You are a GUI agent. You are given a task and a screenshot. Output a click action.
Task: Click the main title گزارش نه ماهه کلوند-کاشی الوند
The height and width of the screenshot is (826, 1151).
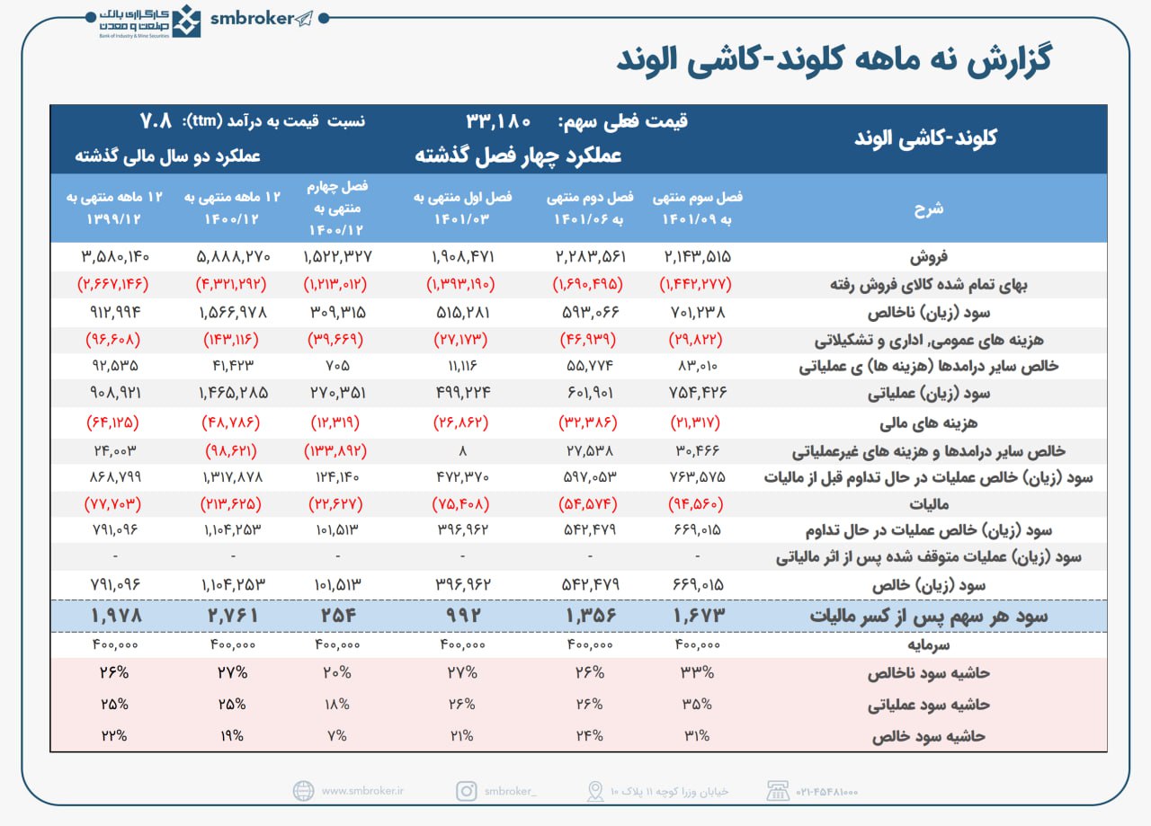click(834, 61)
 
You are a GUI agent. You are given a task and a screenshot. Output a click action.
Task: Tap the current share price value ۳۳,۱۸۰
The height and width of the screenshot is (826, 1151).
click(499, 121)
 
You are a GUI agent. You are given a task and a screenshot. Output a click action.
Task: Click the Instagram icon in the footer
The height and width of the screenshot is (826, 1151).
click(466, 791)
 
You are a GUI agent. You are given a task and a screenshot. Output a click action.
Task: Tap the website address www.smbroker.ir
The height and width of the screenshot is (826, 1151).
click(362, 791)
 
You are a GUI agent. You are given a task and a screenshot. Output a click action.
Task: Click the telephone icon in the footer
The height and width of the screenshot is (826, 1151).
click(777, 791)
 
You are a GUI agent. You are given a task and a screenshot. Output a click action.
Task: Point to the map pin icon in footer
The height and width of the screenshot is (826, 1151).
click(594, 791)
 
